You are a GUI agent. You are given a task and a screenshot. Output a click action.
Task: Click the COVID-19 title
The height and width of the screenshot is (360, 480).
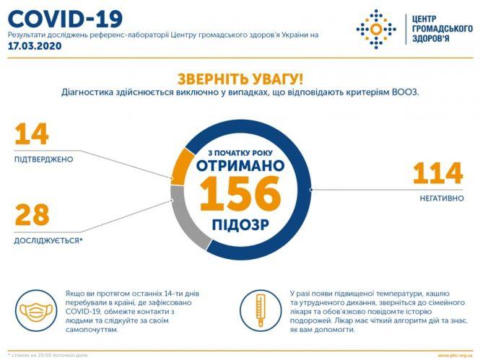[65, 17]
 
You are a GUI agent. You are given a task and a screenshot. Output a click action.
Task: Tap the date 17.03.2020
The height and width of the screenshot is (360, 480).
[35, 45]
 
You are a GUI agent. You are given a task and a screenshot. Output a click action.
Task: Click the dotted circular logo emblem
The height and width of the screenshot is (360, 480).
[375, 29]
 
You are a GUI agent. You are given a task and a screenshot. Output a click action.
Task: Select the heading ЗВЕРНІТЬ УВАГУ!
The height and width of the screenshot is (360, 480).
[240, 79]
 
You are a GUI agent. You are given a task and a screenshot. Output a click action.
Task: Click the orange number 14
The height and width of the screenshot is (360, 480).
[31, 135]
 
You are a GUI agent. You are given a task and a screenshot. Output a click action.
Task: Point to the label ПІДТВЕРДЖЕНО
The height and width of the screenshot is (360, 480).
[43, 159]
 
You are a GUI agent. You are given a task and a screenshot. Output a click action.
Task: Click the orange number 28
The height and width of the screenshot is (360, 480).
[32, 215]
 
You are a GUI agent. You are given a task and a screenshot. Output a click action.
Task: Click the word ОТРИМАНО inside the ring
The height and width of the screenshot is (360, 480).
[240, 166]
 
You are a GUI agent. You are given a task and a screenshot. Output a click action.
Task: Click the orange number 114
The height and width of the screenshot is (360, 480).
[437, 174]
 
